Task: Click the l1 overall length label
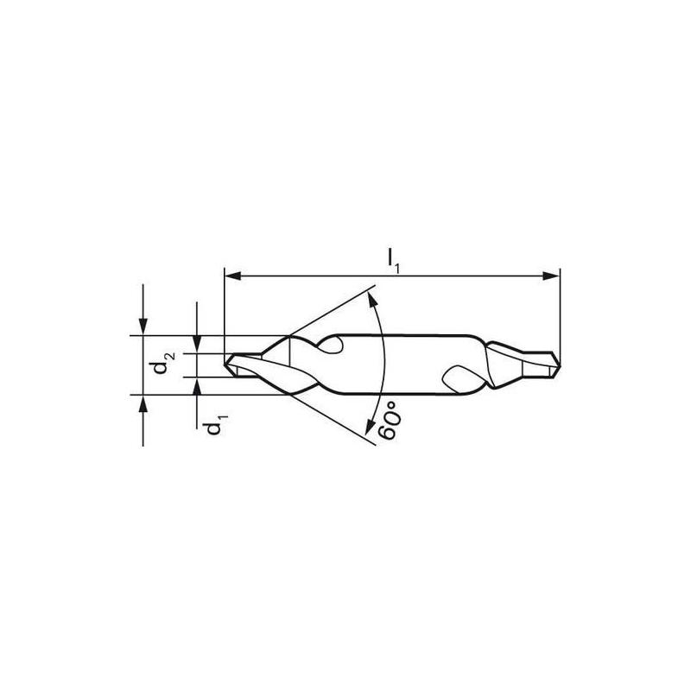point(394,257)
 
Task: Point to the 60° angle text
point(390,421)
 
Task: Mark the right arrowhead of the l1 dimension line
point(553,277)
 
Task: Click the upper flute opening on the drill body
point(339,346)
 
